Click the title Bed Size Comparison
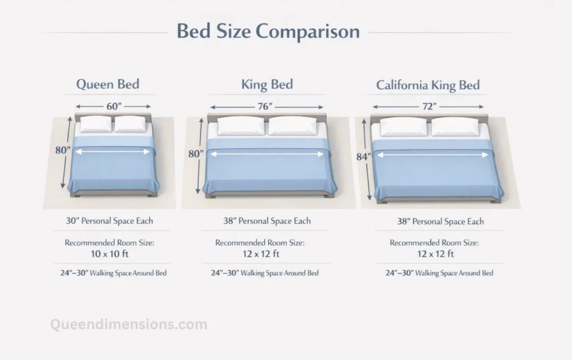click(x=268, y=31)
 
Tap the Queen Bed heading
click(x=108, y=85)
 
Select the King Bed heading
click(x=267, y=85)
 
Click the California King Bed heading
click(x=428, y=85)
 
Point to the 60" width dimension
click(x=114, y=106)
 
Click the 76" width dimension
click(x=266, y=106)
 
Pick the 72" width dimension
click(x=428, y=106)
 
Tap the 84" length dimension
click(x=363, y=157)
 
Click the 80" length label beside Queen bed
click(x=62, y=150)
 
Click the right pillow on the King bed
click(x=293, y=126)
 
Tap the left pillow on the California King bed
click(x=403, y=127)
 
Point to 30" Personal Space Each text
click(x=109, y=221)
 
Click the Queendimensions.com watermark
click(x=128, y=324)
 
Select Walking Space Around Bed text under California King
click(x=439, y=273)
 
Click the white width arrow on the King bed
click(x=266, y=154)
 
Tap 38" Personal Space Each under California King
click(x=441, y=222)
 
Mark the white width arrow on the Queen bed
click(x=113, y=151)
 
